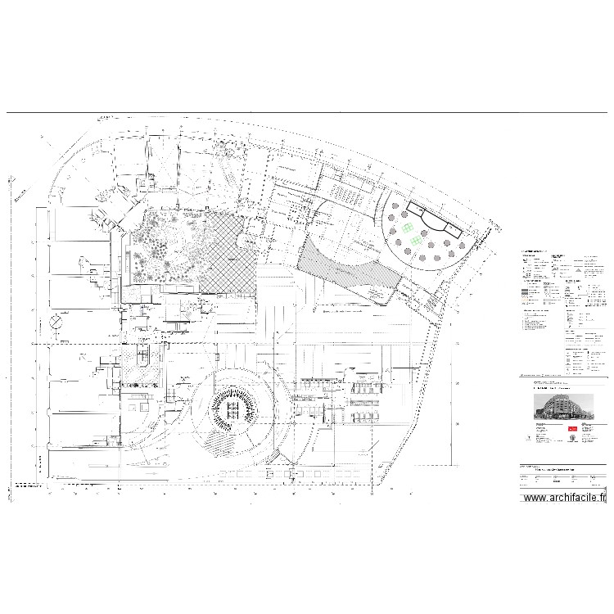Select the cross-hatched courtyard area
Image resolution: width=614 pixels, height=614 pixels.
pos(229,254)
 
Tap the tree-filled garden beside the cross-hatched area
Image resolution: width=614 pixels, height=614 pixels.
pos(168,246)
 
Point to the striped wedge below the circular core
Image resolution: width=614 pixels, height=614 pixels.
pos(219,442)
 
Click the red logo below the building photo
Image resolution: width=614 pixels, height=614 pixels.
pos(573,428)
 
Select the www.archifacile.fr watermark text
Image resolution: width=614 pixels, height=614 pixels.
pos(565,497)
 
